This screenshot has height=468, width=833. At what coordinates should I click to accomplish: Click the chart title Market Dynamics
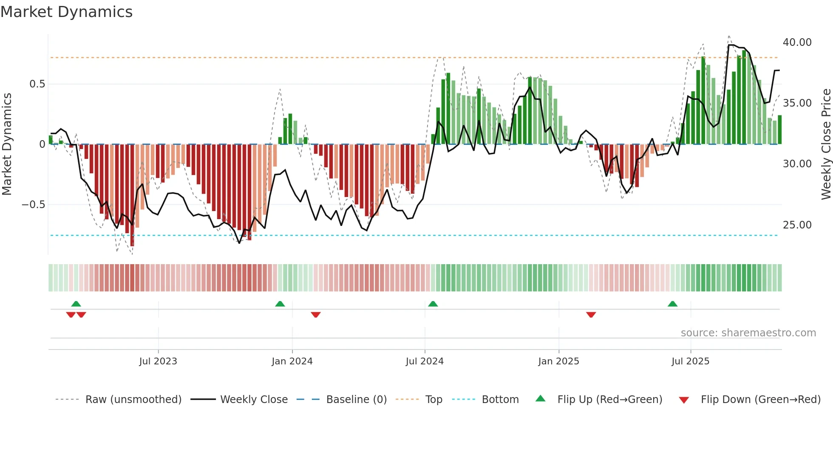click(x=66, y=12)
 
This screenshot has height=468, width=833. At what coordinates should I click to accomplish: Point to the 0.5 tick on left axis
click(x=37, y=84)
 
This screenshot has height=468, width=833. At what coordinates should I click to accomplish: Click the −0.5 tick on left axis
click(x=34, y=205)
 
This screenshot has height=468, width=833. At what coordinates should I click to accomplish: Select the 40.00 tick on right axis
click(x=797, y=42)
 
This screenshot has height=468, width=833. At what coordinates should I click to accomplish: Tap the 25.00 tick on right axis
click(x=797, y=225)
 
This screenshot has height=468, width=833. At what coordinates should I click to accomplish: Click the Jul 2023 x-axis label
click(x=158, y=361)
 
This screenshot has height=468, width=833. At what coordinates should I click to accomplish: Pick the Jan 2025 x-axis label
click(x=558, y=361)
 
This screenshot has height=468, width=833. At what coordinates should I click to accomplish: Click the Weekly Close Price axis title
click(x=826, y=144)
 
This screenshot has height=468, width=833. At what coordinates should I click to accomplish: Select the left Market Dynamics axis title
click(x=7, y=144)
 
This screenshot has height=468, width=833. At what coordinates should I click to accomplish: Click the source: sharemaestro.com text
click(x=748, y=333)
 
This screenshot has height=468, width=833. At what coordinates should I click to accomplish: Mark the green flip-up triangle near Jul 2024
click(x=433, y=304)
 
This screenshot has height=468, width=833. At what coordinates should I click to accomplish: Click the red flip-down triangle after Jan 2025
click(x=591, y=315)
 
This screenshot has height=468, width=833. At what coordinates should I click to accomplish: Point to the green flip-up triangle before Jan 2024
click(x=280, y=304)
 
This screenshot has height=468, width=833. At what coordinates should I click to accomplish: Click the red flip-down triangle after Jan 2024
click(x=315, y=315)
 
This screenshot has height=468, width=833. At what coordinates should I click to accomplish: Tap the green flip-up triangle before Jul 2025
click(x=672, y=304)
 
